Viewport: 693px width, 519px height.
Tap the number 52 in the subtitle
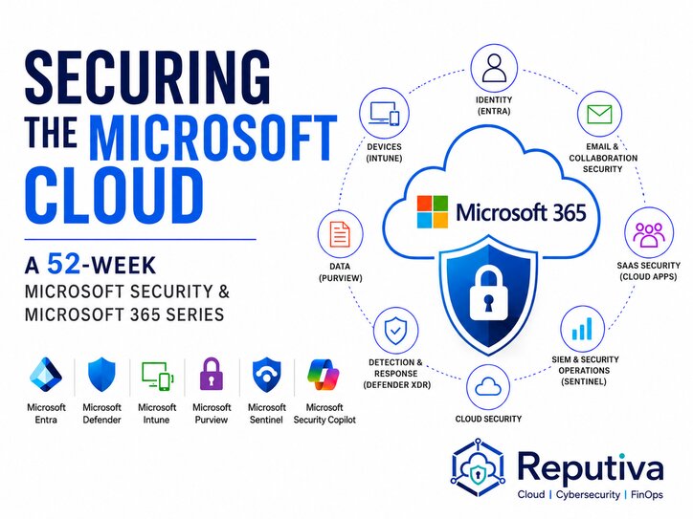coord(64,264)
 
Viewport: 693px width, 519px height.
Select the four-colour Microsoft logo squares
coord(433,212)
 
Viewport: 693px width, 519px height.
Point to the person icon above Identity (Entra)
coord(494,68)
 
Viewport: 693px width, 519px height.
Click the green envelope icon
coord(599,115)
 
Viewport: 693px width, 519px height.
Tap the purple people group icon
coord(648,234)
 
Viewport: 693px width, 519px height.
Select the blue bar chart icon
coord(582,329)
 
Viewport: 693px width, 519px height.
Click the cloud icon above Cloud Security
coord(488,386)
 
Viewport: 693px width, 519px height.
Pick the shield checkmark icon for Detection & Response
coord(395,331)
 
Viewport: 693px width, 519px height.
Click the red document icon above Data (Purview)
coord(340,233)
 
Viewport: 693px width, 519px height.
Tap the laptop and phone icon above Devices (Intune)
coord(384,113)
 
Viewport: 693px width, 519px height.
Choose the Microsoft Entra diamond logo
coord(46,375)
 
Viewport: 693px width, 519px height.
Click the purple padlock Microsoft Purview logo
coord(212,374)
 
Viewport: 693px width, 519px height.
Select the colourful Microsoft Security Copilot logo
coord(324,375)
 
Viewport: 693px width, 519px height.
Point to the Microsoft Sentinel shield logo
coord(266,375)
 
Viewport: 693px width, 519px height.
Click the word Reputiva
coord(591,467)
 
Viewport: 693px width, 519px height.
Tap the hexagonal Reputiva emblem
coord(478,467)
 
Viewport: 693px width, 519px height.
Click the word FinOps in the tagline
coord(647,495)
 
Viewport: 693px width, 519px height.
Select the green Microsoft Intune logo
coord(157,376)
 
